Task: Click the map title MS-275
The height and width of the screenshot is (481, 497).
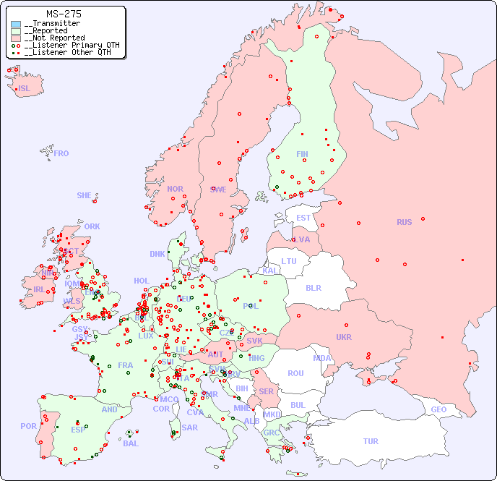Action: click(64, 14)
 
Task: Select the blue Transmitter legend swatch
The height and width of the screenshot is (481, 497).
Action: click(16, 24)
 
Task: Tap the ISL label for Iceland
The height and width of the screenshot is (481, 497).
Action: click(25, 89)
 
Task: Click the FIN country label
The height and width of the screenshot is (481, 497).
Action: click(302, 154)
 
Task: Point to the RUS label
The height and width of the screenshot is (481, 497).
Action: click(404, 222)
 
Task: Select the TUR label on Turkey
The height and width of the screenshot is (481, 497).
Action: click(371, 441)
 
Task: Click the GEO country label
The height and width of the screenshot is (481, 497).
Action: click(438, 409)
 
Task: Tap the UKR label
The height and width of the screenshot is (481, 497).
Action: click(344, 337)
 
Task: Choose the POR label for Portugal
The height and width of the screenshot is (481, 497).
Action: click(28, 426)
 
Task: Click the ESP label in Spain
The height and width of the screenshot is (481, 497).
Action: click(78, 430)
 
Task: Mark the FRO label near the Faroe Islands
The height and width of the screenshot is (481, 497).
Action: click(61, 153)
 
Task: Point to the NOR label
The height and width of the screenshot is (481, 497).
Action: click(175, 189)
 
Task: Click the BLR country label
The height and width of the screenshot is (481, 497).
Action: click(313, 287)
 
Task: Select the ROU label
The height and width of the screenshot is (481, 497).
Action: click(295, 373)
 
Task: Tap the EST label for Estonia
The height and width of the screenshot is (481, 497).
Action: click(303, 218)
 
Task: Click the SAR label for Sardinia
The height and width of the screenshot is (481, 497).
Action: click(189, 427)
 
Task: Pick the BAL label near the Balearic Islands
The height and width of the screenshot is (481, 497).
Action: click(130, 443)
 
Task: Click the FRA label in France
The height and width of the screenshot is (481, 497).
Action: click(126, 365)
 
